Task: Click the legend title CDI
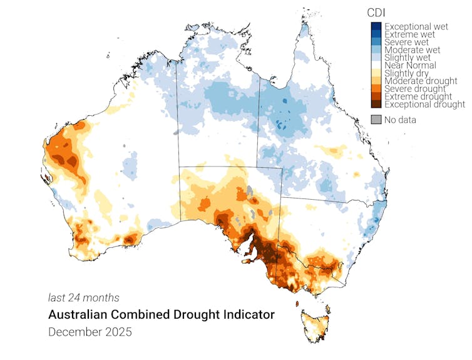[x=375, y=12]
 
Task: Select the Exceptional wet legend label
[x=416, y=27]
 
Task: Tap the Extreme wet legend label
[x=410, y=34]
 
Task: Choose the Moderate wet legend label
[x=412, y=49]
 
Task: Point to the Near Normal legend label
[x=410, y=65]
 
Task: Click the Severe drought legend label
[x=414, y=89]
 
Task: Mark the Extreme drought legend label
[x=418, y=96]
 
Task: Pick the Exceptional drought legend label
[x=424, y=104]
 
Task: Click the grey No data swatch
[x=376, y=120]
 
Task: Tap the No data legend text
[x=400, y=120]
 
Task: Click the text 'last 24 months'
[x=83, y=298]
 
